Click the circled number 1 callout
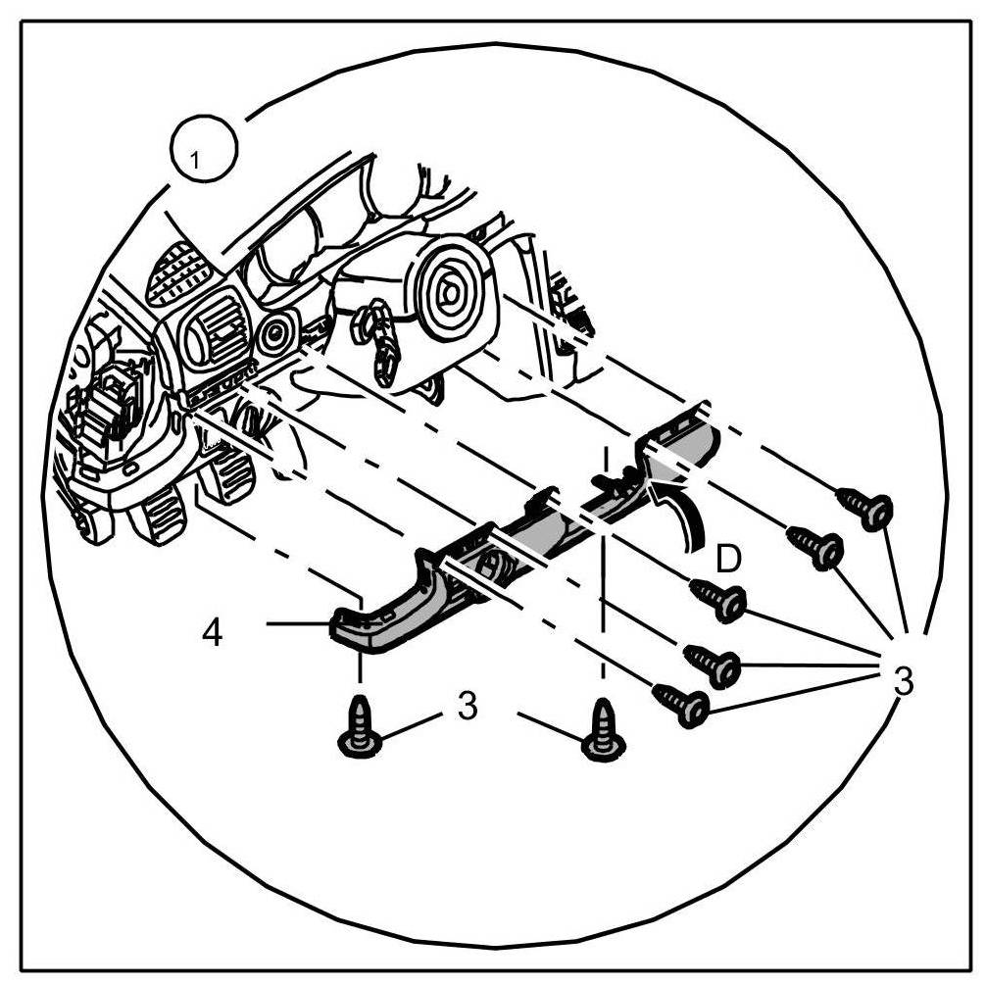pyautogui.click(x=203, y=154)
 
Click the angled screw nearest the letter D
pyautogui.click(x=720, y=600)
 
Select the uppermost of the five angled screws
pyautogui.click(x=865, y=506)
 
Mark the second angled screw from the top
pyautogui.click(x=815, y=546)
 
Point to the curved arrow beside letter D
pyautogui.click(x=686, y=510)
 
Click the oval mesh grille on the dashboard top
pyautogui.click(x=178, y=273)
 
